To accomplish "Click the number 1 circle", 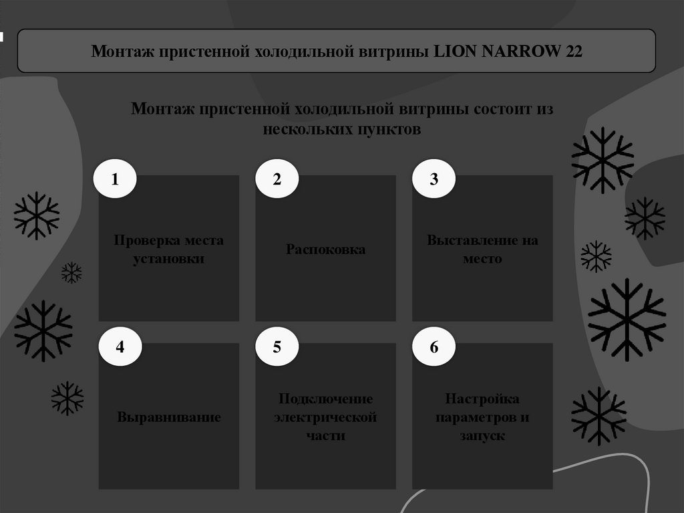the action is pos(115,179).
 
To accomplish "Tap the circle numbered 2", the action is pos(277,179).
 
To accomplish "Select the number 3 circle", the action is pos(434,179).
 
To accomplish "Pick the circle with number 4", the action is pos(120,346).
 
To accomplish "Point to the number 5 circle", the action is pos(277,346).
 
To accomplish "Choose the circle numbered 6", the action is pos(434,346).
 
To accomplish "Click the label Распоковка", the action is pos(326,249).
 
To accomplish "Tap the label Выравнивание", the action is pos(169,417).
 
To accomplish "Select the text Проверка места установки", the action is pos(168,249).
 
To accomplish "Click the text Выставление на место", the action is pos(482,249).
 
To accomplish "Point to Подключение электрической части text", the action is pos(326,417).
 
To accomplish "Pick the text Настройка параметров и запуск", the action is pos(482,417).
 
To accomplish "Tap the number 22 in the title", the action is pos(573,52).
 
